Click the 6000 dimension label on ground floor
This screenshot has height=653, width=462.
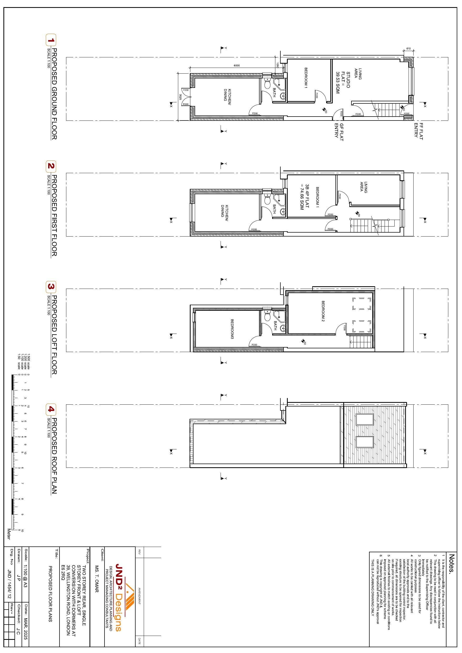pyautogui.click(x=237, y=66)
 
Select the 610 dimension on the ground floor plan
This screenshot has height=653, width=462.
pyautogui.click(x=409, y=49)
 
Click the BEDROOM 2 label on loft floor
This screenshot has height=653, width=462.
pyautogui.click(x=323, y=311)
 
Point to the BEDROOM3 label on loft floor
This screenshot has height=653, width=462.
pyautogui.click(x=232, y=329)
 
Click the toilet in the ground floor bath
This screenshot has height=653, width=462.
pyautogui.click(x=267, y=84)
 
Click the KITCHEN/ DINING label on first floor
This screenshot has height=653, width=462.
pyautogui.click(x=225, y=211)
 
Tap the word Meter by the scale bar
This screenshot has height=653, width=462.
pyautogui.click(x=9, y=534)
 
